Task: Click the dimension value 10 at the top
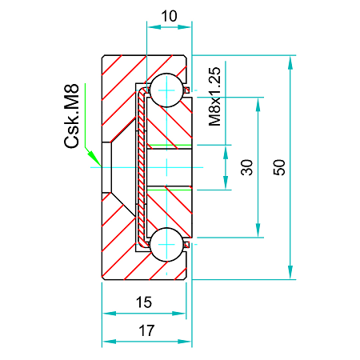169,15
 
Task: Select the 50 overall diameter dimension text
279,167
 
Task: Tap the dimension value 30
247,167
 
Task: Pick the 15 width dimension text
143,302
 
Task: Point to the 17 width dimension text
146,329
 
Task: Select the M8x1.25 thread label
214,97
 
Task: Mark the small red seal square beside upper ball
187,90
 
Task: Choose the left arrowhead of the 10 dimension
152,27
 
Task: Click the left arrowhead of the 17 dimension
107,341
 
